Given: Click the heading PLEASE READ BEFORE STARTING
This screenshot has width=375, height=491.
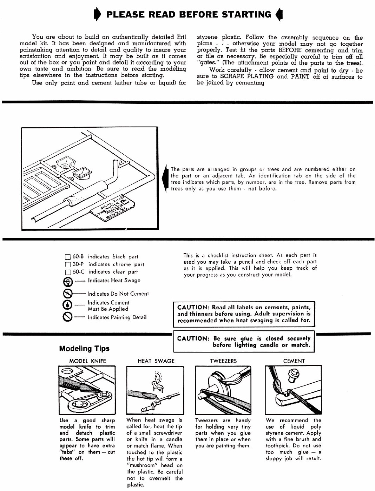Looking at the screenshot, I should [189, 14].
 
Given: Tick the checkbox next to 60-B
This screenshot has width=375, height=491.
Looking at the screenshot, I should [68, 257].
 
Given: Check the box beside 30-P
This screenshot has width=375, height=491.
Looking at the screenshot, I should [68, 264].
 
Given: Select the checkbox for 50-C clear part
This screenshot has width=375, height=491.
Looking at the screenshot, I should [68, 272].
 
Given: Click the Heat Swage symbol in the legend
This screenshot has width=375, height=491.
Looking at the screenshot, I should [68, 281].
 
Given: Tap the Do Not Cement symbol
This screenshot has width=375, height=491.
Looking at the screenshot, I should [68, 294].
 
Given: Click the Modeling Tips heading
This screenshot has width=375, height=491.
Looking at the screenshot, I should [84, 348].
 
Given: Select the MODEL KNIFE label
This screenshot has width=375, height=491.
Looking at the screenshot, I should [87, 361].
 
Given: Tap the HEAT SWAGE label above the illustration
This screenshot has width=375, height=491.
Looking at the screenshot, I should [156, 361].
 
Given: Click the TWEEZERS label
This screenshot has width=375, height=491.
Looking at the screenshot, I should [223, 361].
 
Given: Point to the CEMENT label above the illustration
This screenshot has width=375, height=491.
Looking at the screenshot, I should [294, 361].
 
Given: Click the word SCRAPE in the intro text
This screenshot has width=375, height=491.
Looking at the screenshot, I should [232, 76].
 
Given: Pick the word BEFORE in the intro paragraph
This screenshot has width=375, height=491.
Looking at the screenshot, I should [290, 50].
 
